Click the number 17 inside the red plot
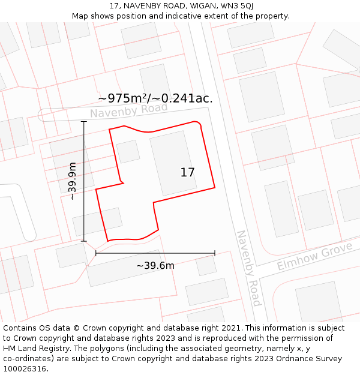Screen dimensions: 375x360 (187, 173)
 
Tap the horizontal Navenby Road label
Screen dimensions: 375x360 (128, 110)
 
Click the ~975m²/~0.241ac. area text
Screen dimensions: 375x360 (155, 98)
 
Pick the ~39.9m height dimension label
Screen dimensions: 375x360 (72, 181)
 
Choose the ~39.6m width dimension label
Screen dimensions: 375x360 (155, 266)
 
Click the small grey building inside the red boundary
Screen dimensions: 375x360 (128, 151)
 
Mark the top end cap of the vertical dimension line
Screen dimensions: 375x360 (84, 122)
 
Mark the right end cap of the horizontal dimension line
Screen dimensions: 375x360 (215, 253)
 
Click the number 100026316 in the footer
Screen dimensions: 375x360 (23, 369)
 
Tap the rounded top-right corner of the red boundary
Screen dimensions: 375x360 (198, 124)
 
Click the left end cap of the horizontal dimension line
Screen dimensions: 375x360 (96, 253)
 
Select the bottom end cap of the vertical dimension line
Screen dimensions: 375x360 (84, 241)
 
